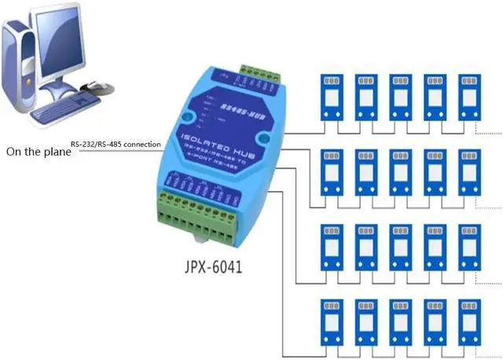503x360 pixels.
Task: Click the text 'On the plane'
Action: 37,152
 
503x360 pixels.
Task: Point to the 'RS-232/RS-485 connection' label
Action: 116,145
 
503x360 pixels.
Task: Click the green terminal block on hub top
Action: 253,76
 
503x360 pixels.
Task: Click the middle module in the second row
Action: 400,174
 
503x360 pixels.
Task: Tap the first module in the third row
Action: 331,250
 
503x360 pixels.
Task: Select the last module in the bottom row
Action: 469,325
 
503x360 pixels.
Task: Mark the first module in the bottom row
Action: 331,325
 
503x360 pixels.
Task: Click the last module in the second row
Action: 469,174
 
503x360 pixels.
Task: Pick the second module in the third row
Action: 365,250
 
